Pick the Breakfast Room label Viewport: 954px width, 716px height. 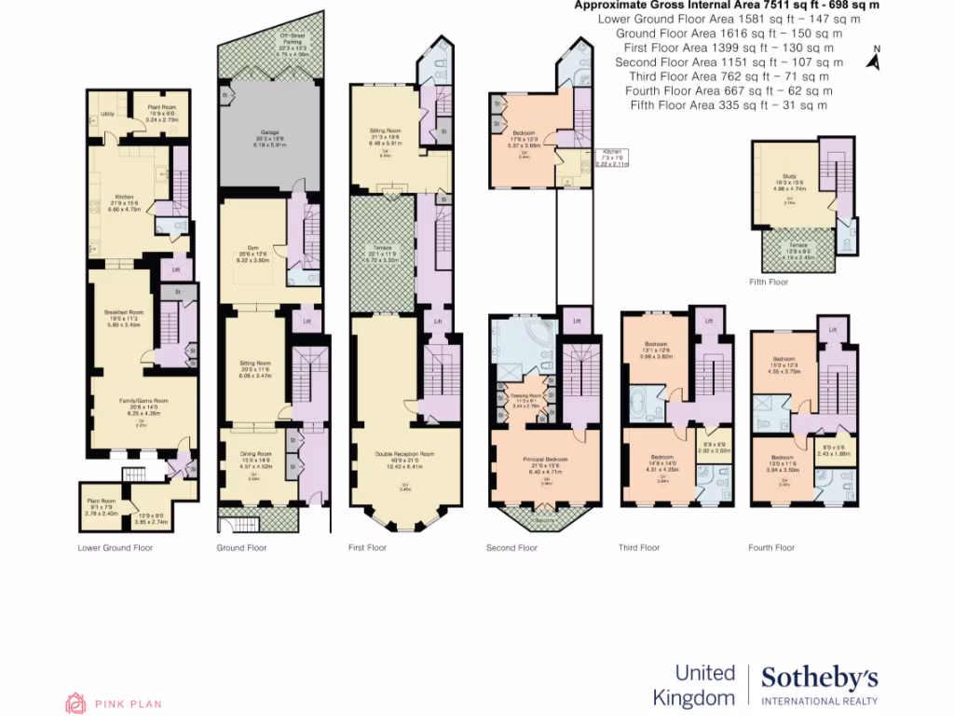coord(123,311)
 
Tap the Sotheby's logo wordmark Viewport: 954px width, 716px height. coord(819,678)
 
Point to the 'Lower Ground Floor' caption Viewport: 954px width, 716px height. coord(115,548)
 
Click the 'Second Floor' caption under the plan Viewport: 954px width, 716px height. coord(511,548)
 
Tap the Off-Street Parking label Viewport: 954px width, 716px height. coord(293,38)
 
